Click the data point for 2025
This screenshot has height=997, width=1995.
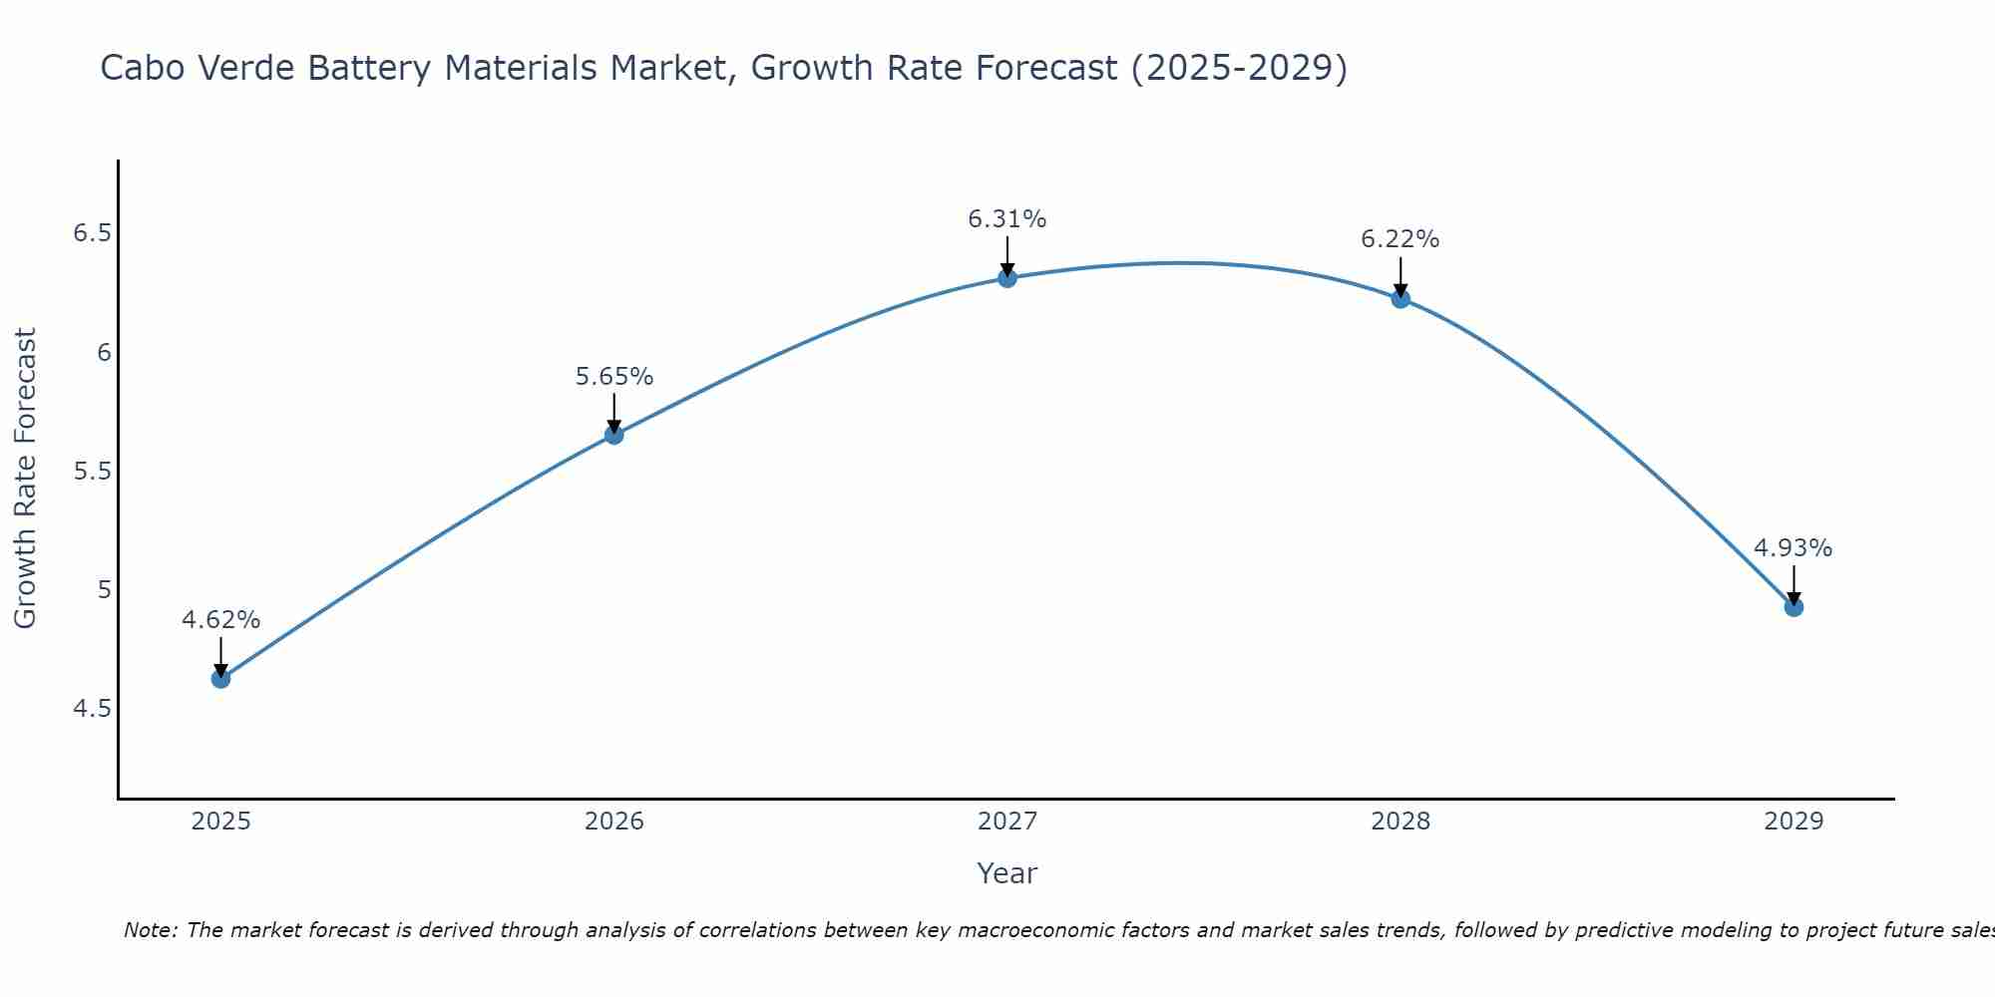(220, 679)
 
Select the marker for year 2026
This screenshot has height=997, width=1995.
(613, 435)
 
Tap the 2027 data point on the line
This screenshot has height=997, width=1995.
(1007, 278)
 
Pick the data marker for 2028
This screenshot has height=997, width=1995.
(1400, 298)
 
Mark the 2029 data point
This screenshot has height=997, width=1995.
(1794, 607)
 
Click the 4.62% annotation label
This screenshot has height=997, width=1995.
(220, 620)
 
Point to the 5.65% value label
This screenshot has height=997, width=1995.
(613, 377)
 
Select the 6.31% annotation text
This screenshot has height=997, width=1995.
(1007, 219)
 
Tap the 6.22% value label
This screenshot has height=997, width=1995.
(1400, 239)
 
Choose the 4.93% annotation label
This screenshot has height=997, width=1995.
(1794, 548)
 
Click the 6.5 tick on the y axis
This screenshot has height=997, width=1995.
(92, 233)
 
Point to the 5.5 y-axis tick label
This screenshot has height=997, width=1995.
(92, 471)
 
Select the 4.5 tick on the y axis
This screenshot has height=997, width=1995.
(92, 709)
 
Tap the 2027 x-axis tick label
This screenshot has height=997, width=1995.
(1007, 822)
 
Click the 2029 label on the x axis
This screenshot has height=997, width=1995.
(1794, 822)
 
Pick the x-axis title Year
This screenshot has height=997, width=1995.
(1007, 873)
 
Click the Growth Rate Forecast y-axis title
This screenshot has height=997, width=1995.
(26, 479)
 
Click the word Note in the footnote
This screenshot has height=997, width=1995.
(150, 930)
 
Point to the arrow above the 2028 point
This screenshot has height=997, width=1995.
(1400, 275)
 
